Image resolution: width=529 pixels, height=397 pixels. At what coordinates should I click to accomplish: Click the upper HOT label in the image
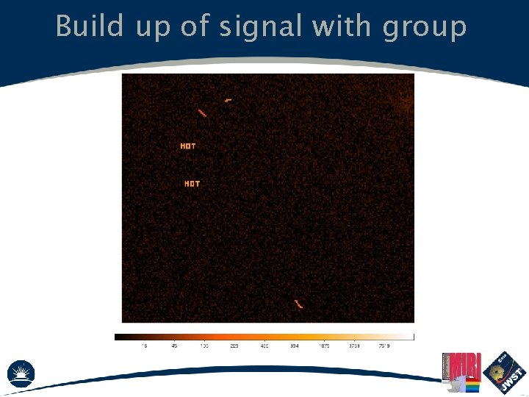pos(188,146)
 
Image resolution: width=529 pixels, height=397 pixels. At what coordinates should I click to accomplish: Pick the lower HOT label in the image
pos(192,184)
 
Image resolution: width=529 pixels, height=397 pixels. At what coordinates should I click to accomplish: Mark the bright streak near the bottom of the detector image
pos(298,304)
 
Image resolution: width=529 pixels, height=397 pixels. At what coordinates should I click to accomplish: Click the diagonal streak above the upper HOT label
pos(202,113)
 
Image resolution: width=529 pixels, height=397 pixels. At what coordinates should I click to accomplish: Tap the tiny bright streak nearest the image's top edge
pos(228,99)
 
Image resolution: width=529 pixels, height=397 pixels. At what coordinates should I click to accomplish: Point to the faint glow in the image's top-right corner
pos(404,103)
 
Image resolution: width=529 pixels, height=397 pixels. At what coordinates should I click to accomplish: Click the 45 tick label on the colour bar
pos(174,345)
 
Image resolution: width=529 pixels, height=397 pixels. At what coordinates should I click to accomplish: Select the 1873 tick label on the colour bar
pos(324,345)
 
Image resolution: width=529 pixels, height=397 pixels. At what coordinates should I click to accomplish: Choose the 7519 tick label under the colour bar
pos(384,345)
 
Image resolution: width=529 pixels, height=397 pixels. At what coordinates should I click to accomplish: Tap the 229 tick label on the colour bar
pos(234,345)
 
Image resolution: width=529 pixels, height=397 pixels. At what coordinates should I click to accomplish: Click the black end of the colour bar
pos(118,337)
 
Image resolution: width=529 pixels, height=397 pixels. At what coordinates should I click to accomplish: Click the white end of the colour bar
pos(411,337)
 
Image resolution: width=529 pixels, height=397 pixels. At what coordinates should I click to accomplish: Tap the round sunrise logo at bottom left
pos(21,373)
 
